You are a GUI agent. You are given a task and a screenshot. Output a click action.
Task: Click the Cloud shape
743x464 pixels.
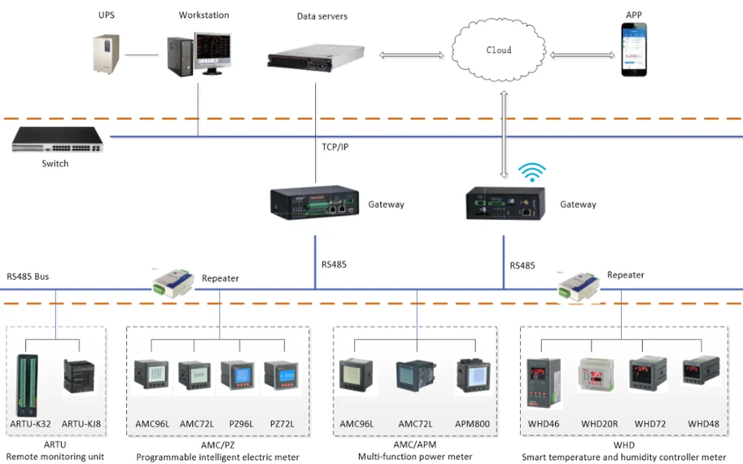pyautogui.click(x=499, y=51)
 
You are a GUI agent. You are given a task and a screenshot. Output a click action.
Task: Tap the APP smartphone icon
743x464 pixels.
pyautogui.click(x=634, y=49)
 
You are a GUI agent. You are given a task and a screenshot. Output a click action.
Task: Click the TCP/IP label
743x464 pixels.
pyautogui.click(x=334, y=147)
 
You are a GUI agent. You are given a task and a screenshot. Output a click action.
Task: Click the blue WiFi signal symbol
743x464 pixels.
pyautogui.click(x=530, y=173)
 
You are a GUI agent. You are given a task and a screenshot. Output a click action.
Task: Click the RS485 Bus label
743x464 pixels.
pyautogui.click(x=27, y=277)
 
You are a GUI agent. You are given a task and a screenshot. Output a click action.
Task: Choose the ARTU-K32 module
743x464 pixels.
pyautogui.click(x=30, y=385)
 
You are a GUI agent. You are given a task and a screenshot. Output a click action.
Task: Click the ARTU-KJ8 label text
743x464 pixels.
pyautogui.click(x=81, y=424)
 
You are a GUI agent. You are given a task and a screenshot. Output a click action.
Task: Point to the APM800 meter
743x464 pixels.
pyautogui.click(x=471, y=376)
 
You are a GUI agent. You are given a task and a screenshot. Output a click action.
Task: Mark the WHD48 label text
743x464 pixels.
pyautogui.click(x=703, y=424)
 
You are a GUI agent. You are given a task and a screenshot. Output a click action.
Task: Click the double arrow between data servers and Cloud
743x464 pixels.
pyautogui.click(x=411, y=55)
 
